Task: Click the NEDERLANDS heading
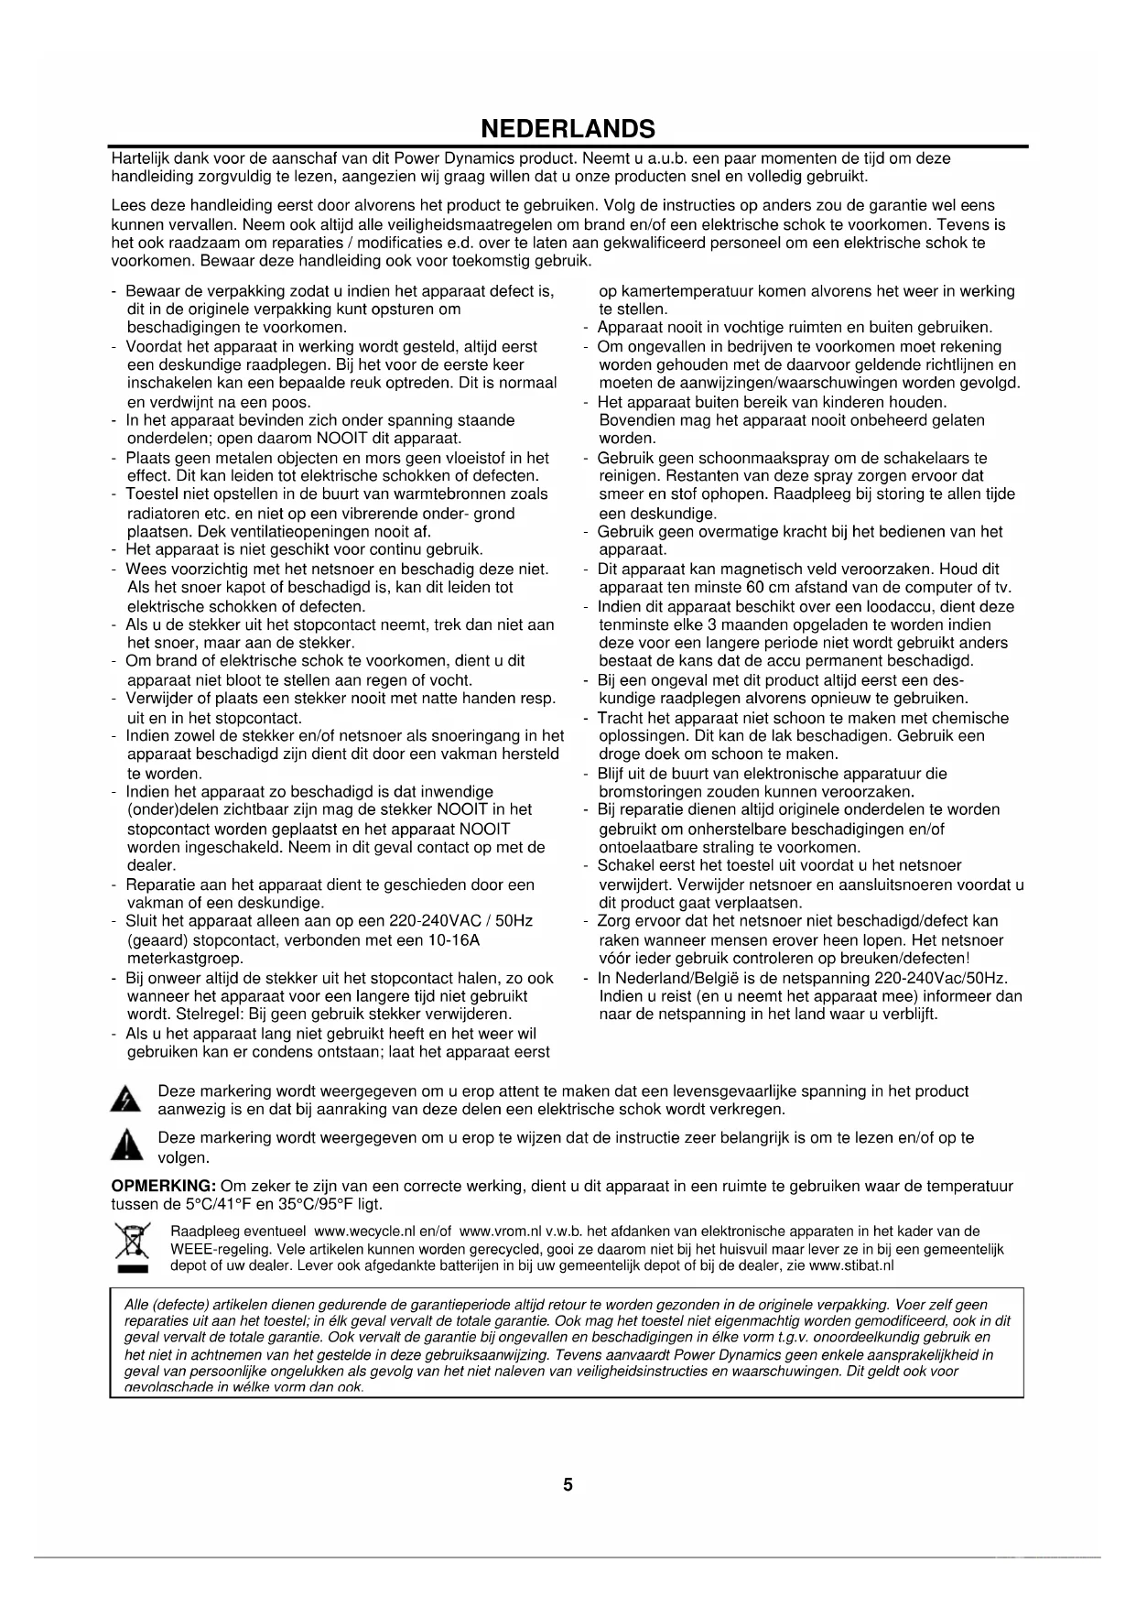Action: coord(568,128)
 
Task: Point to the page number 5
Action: coord(568,1484)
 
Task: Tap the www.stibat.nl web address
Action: coord(851,1265)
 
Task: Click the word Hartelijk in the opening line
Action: coord(140,158)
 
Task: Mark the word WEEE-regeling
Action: coord(215,1249)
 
